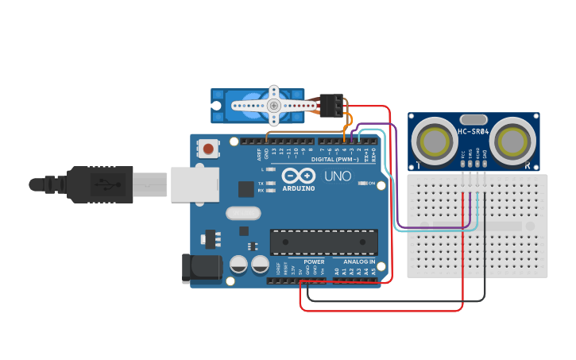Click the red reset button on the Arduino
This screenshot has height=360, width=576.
click(x=209, y=148)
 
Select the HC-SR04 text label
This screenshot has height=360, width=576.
click(x=474, y=132)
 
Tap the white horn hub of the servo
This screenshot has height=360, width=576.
click(x=273, y=106)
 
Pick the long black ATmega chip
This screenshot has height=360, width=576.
click(x=323, y=242)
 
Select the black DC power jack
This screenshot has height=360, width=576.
click(x=202, y=268)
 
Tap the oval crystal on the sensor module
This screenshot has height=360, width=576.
click(x=473, y=118)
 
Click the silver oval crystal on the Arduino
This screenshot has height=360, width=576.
click(x=242, y=213)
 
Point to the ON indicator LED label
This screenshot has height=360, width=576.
click(x=370, y=184)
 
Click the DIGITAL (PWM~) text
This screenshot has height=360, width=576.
click(x=334, y=159)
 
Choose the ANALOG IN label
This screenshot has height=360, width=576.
click(x=359, y=261)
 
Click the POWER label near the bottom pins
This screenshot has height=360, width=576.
click(x=314, y=261)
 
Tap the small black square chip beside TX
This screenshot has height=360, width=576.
click(x=246, y=189)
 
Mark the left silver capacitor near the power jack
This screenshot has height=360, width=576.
click(x=238, y=265)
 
